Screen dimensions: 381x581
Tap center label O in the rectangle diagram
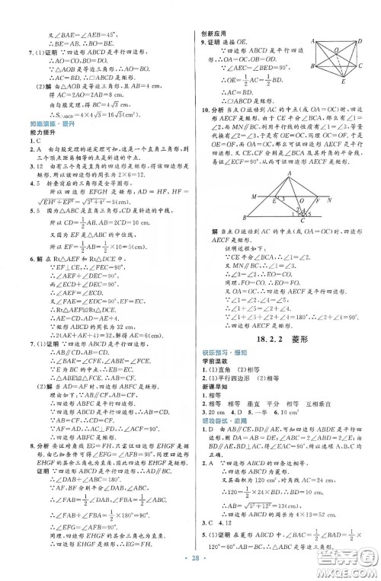click(340, 50)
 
